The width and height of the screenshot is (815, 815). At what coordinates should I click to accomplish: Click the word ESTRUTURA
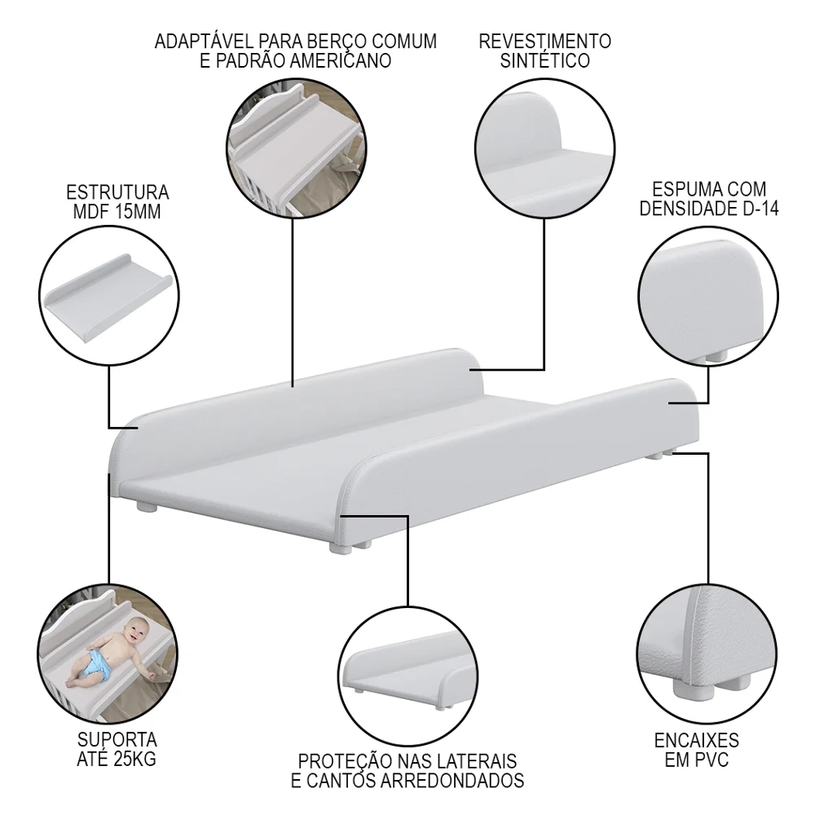117,192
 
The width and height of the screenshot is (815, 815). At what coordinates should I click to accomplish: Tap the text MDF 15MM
117,212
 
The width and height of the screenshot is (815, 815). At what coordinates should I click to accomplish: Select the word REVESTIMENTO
544,41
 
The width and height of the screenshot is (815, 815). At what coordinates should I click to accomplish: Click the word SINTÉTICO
544,61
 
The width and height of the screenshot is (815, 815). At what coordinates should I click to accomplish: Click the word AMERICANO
341,61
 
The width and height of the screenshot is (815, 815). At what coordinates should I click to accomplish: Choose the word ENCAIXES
697,740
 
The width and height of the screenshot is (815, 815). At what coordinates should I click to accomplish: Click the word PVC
711,760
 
